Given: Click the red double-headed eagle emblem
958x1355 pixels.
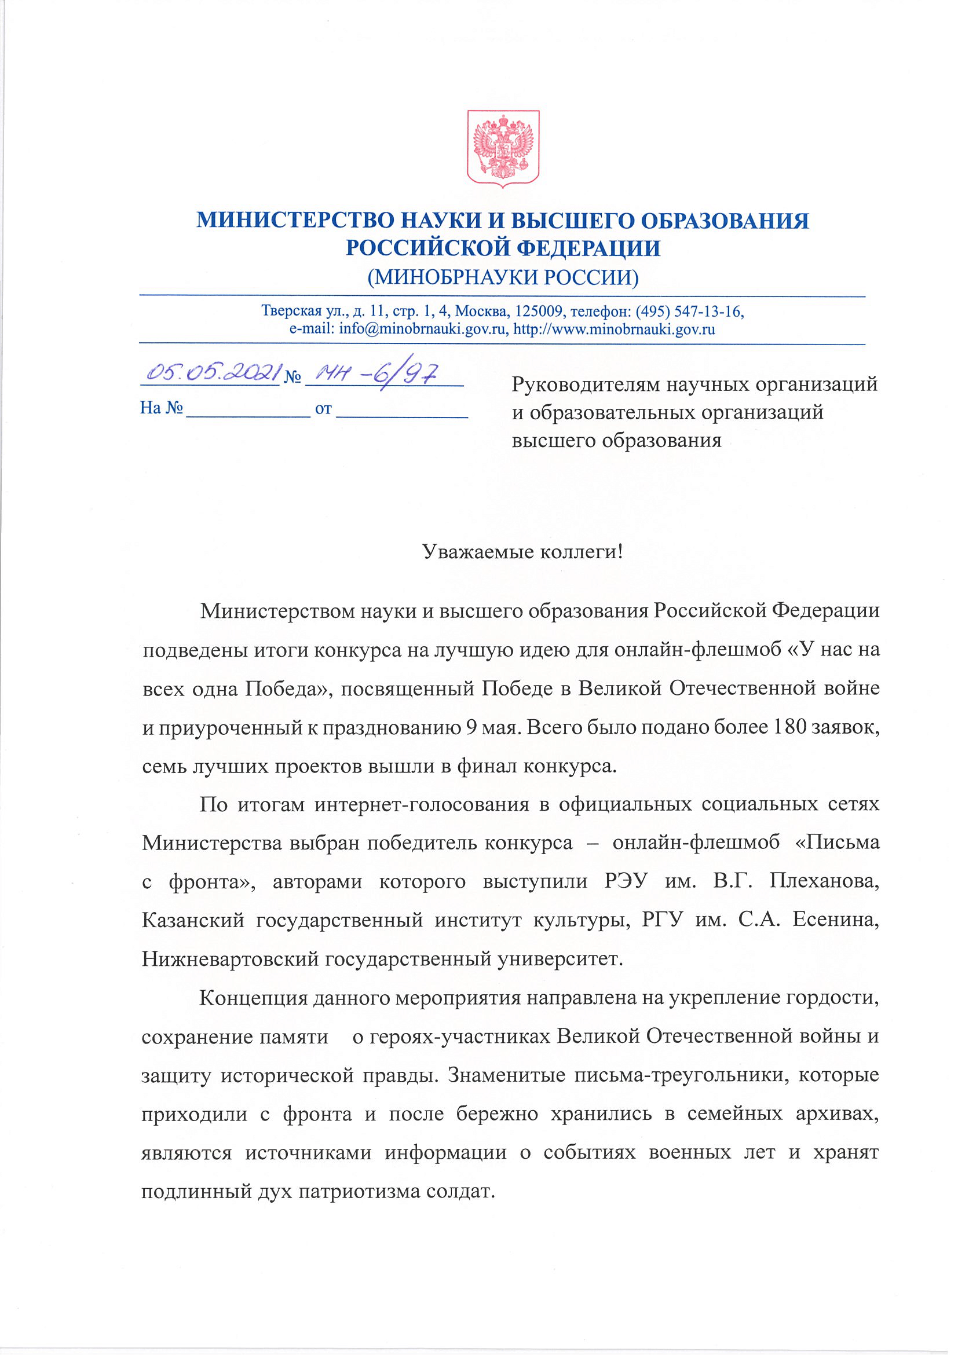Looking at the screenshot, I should pyautogui.click(x=503, y=149).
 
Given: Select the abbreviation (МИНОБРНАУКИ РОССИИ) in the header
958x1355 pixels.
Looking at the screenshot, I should pyautogui.click(x=503, y=277).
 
